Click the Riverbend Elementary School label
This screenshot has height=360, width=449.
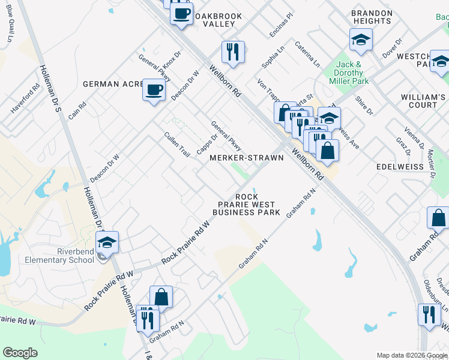(x=59, y=256)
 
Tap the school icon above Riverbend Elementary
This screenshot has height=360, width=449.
(x=107, y=242)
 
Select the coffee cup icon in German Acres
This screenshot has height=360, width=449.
(x=154, y=91)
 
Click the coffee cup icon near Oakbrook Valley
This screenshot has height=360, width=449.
(x=181, y=13)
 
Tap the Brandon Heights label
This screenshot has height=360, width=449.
(x=371, y=17)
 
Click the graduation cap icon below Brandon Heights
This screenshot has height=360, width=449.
(x=361, y=40)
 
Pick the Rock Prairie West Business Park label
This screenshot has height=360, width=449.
(x=247, y=205)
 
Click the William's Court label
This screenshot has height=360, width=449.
(x=424, y=101)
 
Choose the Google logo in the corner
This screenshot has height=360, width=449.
(x=20, y=353)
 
